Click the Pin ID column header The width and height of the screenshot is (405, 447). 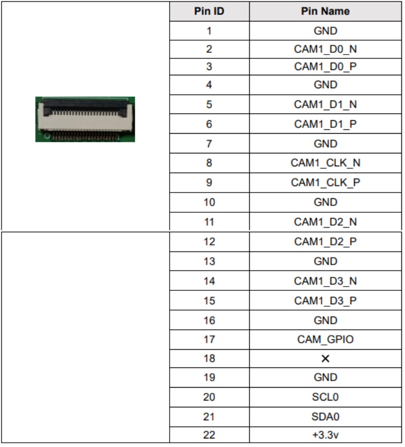pyautogui.click(x=209, y=11)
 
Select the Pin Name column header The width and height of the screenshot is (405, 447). pyautogui.click(x=325, y=11)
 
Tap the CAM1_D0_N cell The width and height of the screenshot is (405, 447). pyautogui.click(x=325, y=49)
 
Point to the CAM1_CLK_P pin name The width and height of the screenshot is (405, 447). pyautogui.click(x=325, y=182)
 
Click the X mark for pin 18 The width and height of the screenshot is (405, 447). pyautogui.click(x=325, y=358)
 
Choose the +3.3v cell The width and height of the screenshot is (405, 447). pyautogui.click(x=325, y=435)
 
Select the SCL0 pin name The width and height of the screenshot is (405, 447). pyautogui.click(x=325, y=397)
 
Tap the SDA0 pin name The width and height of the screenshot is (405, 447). pyautogui.click(x=325, y=417)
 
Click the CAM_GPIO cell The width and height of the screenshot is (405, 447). pyautogui.click(x=325, y=339)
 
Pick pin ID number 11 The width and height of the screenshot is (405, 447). pyautogui.click(x=209, y=222)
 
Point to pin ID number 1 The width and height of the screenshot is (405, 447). pyautogui.click(x=209, y=31)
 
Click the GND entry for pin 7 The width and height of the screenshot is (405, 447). pyautogui.click(x=325, y=143)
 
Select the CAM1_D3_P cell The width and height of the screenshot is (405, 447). pyautogui.click(x=325, y=300)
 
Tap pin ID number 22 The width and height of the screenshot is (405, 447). pyautogui.click(x=209, y=435)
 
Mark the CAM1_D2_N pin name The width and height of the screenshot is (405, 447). pyautogui.click(x=325, y=222)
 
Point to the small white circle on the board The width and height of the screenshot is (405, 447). pyautogui.click(x=47, y=136)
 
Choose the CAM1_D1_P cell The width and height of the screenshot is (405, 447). pyautogui.click(x=325, y=124)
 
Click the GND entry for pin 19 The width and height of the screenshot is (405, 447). pyautogui.click(x=325, y=377)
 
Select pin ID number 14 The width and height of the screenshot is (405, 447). pyautogui.click(x=209, y=281)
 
